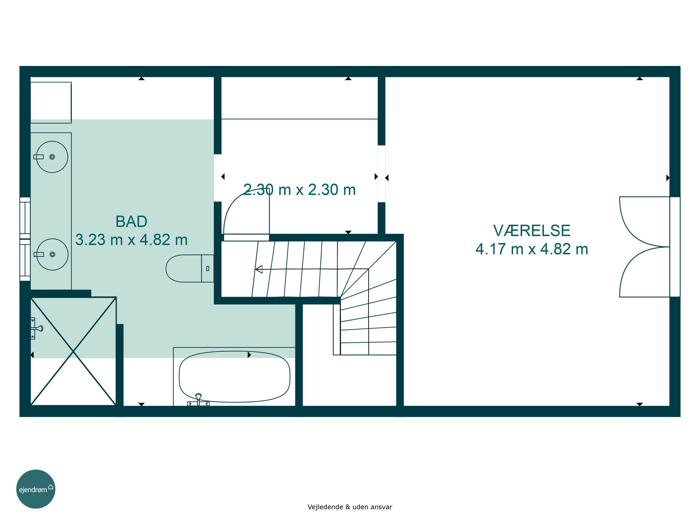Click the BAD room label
[131, 221]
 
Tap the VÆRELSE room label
[532, 231]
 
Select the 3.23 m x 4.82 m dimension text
[131, 240]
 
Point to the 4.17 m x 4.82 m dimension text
[532, 249]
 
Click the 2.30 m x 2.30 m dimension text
[299, 190]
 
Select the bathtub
[234, 377]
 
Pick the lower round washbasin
[52, 254]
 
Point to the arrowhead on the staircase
[259, 269]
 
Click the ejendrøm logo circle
[36, 489]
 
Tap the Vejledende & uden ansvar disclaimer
[350, 507]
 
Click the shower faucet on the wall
[36, 328]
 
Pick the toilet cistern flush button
[208, 268]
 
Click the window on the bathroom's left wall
[25, 239]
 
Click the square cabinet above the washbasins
[51, 102]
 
